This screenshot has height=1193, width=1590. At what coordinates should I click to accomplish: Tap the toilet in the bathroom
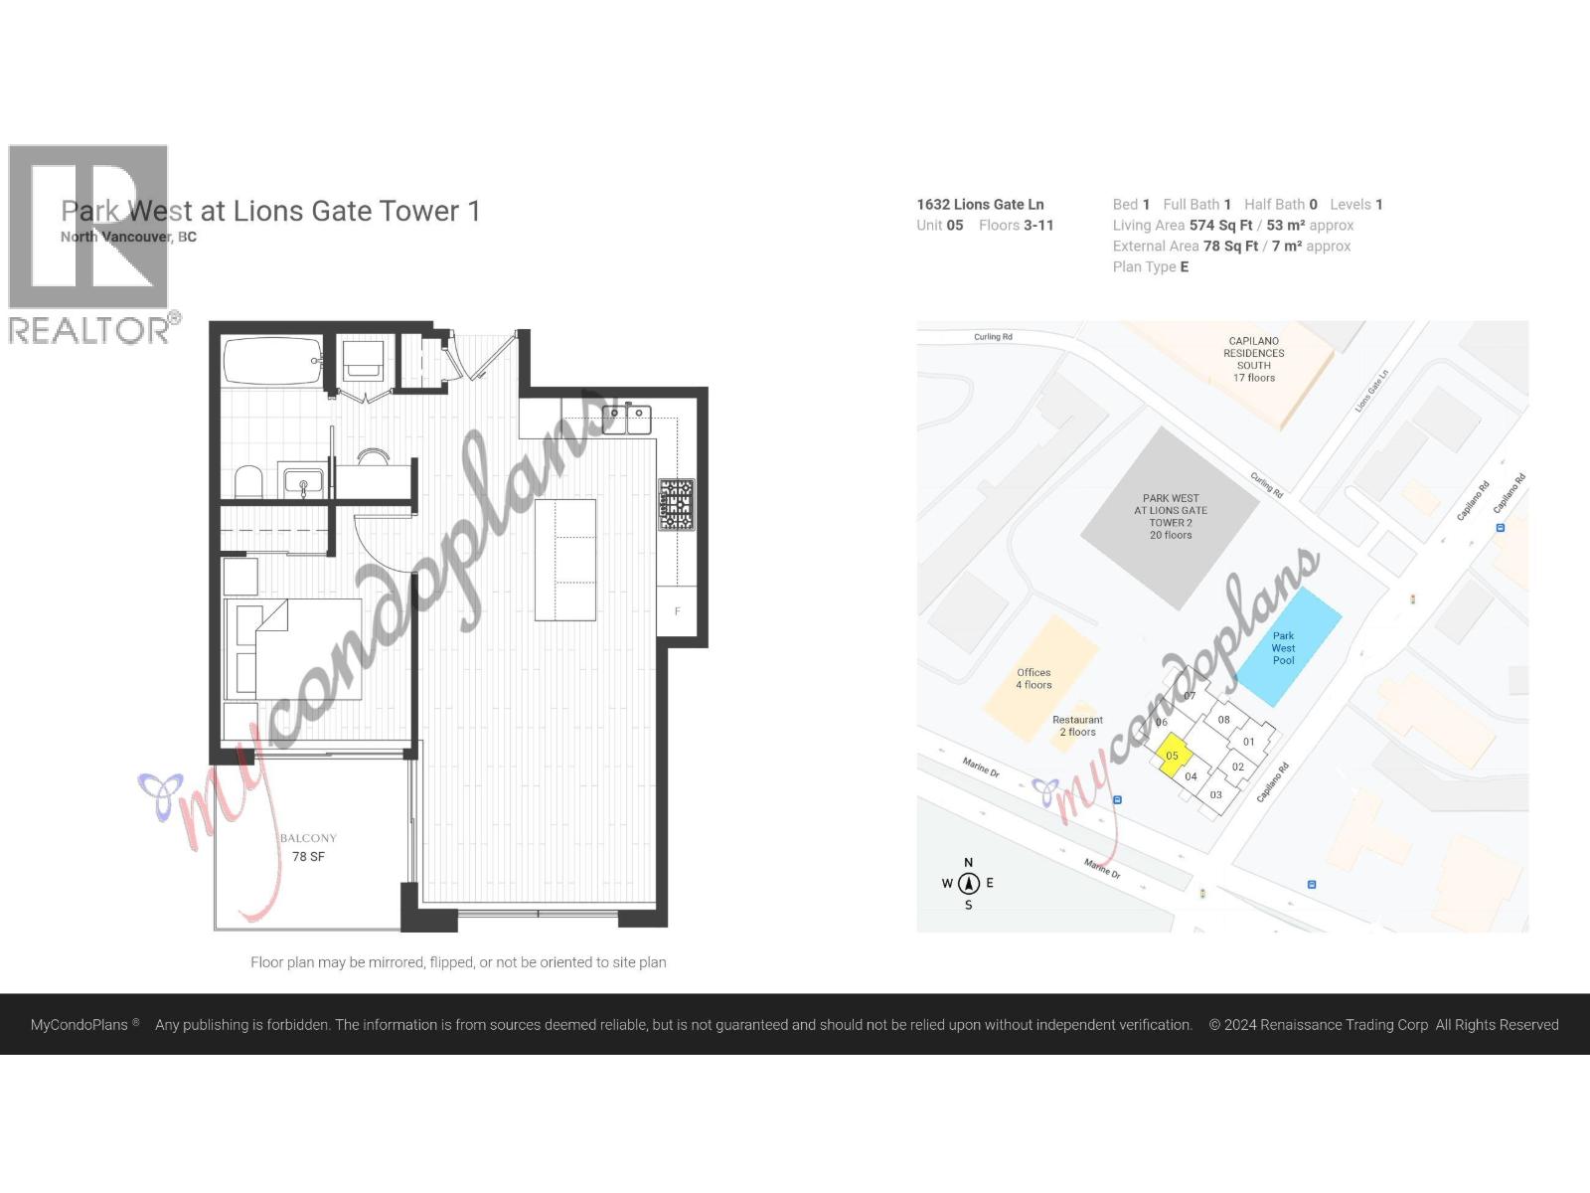[x=247, y=482]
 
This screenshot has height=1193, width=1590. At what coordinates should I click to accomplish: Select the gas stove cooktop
[x=676, y=504]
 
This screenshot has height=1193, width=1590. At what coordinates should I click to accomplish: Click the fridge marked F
[x=677, y=611]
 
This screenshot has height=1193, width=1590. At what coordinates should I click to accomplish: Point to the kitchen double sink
[x=626, y=419]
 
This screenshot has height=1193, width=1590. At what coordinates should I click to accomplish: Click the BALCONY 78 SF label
[x=308, y=847]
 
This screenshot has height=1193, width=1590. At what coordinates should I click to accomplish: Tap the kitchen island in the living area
[x=564, y=560]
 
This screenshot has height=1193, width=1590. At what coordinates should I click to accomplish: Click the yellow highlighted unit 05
[x=1172, y=755]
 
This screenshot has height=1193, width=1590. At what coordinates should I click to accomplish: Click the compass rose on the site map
[x=968, y=883]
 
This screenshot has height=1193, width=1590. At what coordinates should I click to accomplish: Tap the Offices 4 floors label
[x=1033, y=678]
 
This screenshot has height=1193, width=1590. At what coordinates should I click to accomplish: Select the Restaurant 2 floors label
[x=1077, y=726]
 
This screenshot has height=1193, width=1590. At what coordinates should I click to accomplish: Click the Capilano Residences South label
[x=1253, y=359]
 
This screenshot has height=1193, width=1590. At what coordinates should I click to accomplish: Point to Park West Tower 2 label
[x=1171, y=516]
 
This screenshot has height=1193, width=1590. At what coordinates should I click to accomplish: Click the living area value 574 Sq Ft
[x=1220, y=226]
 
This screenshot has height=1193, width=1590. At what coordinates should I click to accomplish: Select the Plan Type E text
[x=1150, y=266]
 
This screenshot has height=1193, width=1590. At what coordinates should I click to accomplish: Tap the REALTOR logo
[x=89, y=244]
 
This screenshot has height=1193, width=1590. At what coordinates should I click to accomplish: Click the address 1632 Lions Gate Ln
[x=980, y=205]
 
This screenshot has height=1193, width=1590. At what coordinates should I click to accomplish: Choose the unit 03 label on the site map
[x=1215, y=794]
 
